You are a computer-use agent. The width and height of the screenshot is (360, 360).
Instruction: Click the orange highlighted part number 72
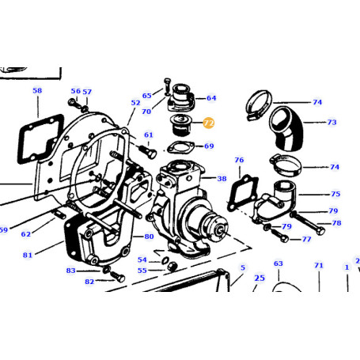(209, 123)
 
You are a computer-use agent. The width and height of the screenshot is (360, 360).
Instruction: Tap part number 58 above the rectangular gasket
(37, 91)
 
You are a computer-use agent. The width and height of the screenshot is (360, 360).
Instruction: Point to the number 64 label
(210, 98)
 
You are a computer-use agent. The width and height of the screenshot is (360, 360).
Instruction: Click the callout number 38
(222, 179)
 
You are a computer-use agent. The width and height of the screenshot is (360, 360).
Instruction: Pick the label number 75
(335, 193)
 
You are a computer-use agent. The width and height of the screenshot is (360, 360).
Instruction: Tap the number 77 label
(306, 238)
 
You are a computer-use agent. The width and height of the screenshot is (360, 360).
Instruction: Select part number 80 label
(150, 237)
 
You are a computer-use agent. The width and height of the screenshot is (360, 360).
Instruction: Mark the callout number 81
(27, 254)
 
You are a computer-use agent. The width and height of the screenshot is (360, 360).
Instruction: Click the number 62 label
(26, 233)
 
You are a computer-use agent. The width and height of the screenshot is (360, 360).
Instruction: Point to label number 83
(70, 271)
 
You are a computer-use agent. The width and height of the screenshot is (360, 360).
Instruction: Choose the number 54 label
(142, 259)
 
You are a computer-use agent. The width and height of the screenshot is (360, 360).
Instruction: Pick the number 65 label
(146, 95)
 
